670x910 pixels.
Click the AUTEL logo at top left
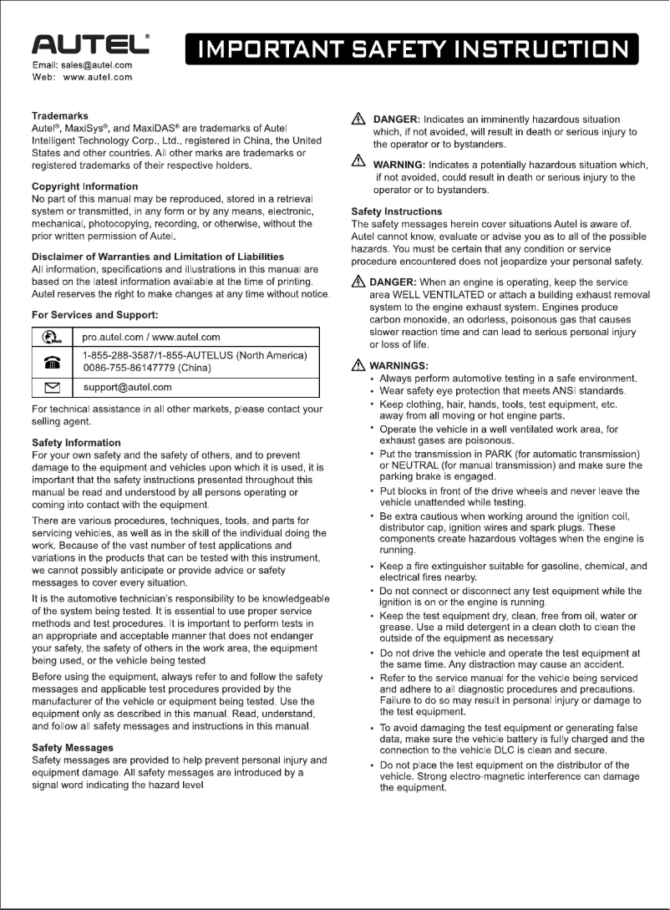(x=90, y=44)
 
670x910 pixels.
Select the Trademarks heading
(x=60, y=115)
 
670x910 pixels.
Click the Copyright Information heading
(x=85, y=186)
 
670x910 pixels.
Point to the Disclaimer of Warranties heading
(x=158, y=256)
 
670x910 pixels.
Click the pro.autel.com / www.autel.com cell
(x=151, y=337)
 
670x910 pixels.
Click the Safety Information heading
(x=76, y=442)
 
